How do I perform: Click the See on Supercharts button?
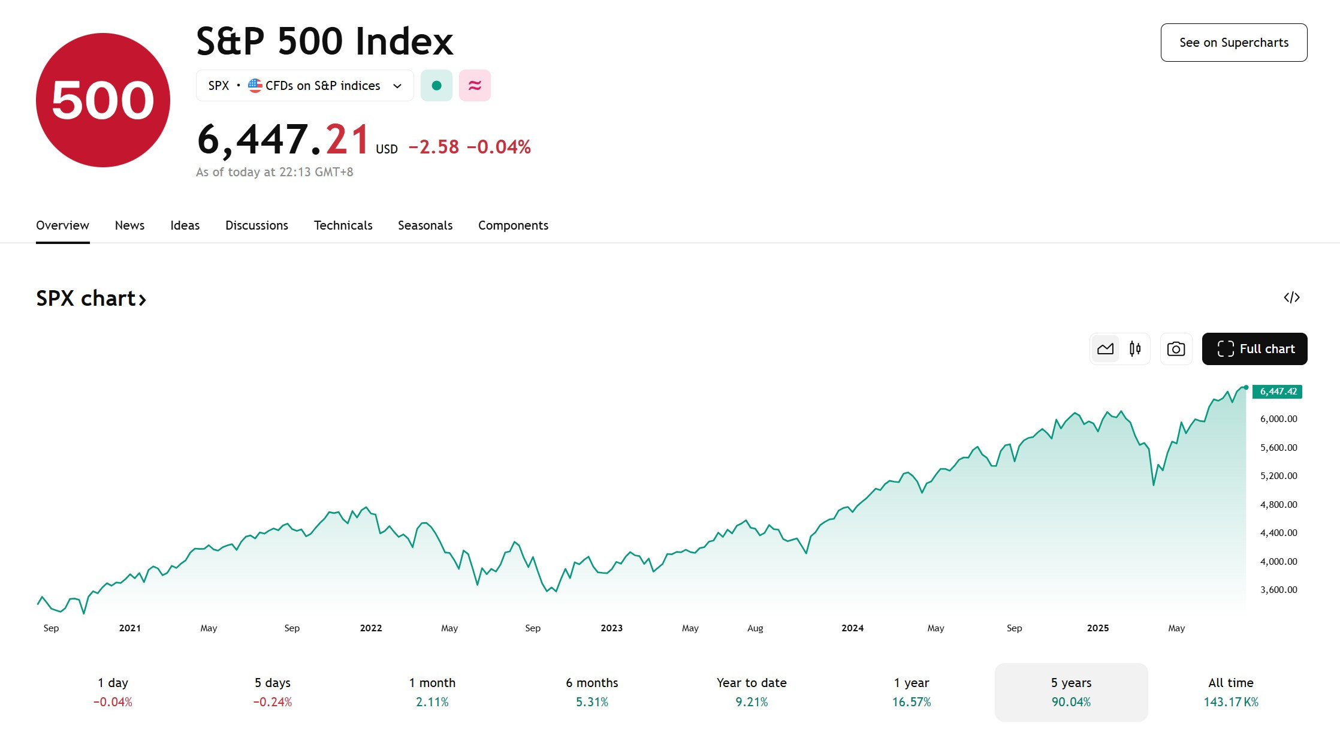1234,43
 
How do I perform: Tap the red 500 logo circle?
103,100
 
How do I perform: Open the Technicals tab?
343,225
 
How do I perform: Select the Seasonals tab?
425,225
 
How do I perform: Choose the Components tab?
513,225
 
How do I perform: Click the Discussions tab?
256,225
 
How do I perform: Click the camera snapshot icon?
1176,349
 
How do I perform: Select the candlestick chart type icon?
1135,349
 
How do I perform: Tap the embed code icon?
1291,297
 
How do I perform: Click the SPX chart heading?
91,299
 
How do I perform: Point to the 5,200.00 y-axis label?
1278,476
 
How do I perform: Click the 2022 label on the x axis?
371,628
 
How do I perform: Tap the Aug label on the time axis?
755,628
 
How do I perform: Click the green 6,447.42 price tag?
1277,391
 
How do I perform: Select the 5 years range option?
1071,692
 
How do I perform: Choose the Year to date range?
752,692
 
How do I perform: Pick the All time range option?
1231,692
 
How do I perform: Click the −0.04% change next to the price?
499,147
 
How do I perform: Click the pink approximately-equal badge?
475,86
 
